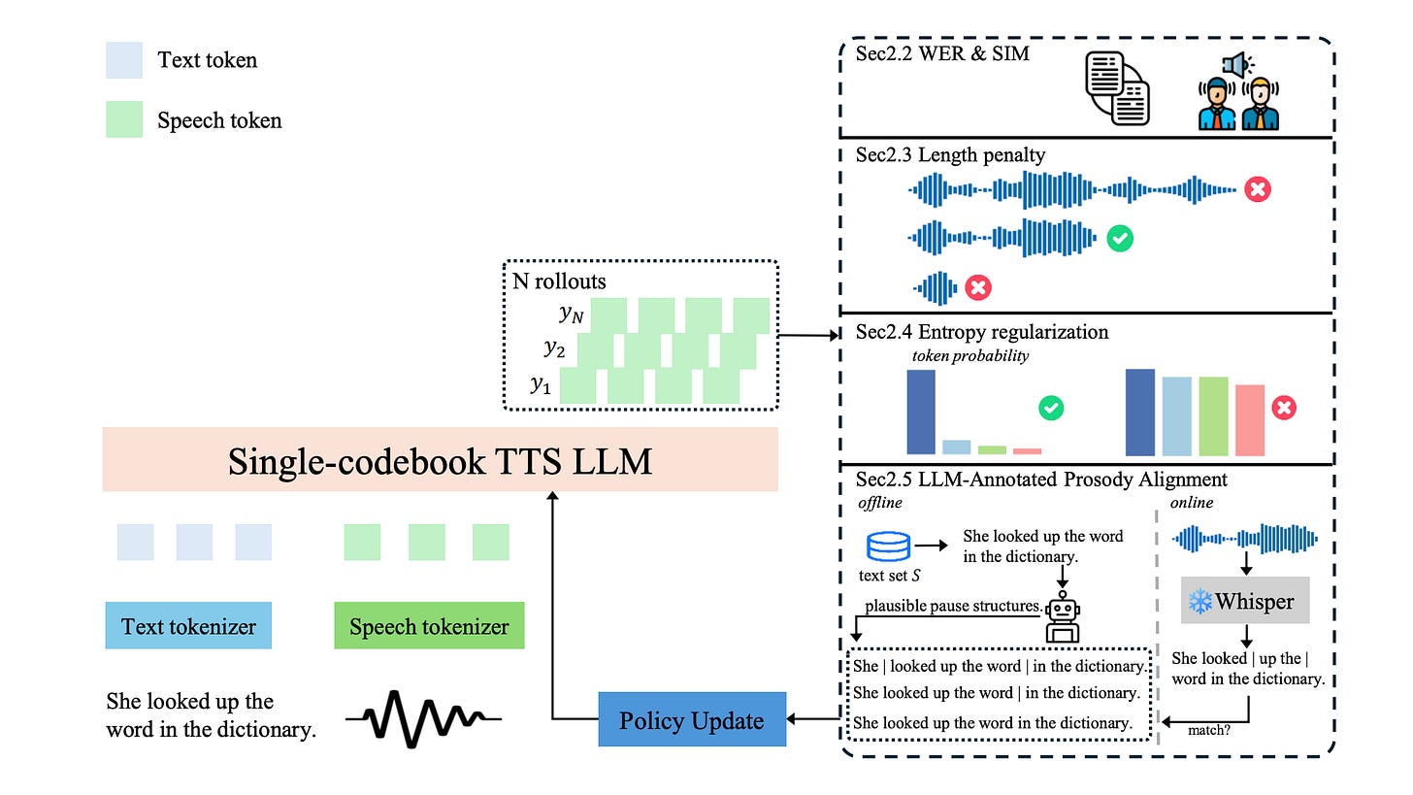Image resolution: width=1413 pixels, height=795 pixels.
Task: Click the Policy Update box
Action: click(691, 719)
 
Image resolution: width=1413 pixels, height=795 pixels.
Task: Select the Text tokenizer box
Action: click(188, 626)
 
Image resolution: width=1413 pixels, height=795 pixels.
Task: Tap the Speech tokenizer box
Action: click(429, 626)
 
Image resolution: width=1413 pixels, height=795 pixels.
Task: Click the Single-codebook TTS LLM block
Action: click(441, 460)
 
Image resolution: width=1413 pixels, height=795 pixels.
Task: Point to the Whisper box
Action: click(1245, 601)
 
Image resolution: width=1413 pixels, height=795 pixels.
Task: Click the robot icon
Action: click(1062, 616)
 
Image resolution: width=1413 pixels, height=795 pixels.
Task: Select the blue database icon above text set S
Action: click(888, 547)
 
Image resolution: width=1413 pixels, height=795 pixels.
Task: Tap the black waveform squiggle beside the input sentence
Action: click(423, 719)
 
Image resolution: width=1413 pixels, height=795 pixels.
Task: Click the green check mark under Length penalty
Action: click(1119, 237)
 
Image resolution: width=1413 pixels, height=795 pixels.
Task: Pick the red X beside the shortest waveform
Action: click(977, 287)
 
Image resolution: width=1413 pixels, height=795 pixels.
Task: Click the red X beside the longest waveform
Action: click(1257, 189)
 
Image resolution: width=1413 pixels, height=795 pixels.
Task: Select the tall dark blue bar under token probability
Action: click(920, 412)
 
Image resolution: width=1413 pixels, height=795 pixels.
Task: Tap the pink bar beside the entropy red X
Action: click(1250, 420)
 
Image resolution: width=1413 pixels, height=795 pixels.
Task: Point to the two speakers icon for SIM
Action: click(1238, 93)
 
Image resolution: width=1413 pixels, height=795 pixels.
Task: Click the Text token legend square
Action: click(124, 61)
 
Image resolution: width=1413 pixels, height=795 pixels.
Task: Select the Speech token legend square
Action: click(124, 119)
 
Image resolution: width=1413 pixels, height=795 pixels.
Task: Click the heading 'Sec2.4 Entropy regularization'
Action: click(981, 332)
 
